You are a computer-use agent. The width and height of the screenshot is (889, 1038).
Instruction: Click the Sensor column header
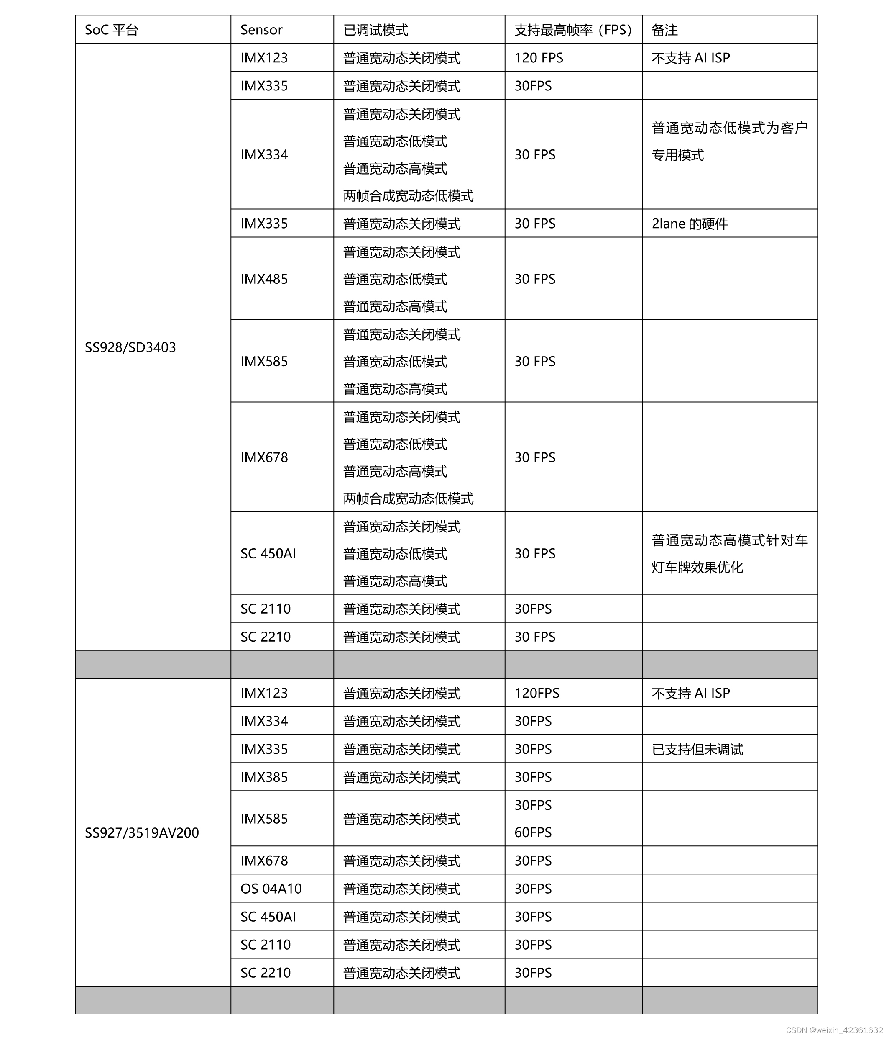(261, 30)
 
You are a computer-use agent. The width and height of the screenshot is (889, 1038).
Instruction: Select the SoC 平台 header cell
(111, 30)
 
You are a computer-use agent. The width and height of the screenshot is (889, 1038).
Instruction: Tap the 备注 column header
(664, 30)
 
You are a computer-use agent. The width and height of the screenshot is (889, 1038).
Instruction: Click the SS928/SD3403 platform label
(130, 347)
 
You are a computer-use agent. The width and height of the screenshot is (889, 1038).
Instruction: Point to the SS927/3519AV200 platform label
(142, 832)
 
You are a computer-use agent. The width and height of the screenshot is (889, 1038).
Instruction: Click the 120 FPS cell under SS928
(539, 58)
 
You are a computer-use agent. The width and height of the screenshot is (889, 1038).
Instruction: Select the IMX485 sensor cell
(264, 279)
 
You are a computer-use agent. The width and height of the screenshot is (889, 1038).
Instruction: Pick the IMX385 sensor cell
(264, 777)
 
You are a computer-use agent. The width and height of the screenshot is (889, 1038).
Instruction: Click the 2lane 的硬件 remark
(689, 224)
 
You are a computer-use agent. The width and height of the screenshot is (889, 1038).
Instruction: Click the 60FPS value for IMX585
(533, 832)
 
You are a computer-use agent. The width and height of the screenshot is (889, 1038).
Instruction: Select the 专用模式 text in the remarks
(678, 155)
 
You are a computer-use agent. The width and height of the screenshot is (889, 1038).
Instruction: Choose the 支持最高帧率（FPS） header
(573, 30)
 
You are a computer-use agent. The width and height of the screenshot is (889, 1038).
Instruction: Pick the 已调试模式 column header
(376, 30)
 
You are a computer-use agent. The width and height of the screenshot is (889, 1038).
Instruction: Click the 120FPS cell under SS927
(536, 694)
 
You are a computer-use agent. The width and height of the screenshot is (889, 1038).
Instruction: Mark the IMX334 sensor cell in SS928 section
(264, 155)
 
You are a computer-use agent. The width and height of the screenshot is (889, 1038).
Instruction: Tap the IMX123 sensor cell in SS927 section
(264, 694)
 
